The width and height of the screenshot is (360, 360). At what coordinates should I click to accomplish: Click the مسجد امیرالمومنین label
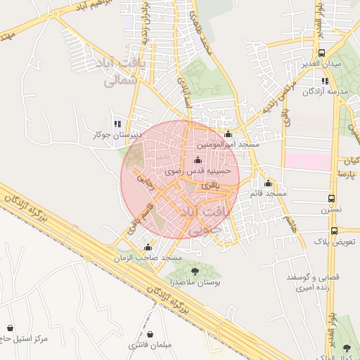click(x=229, y=144)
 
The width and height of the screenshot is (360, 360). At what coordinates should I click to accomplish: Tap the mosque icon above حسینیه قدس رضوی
click(x=196, y=159)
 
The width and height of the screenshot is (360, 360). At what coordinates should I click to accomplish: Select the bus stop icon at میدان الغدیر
click(x=321, y=53)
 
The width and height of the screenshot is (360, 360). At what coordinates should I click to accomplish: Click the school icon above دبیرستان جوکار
click(x=117, y=123)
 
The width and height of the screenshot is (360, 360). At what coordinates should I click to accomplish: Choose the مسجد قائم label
click(x=268, y=193)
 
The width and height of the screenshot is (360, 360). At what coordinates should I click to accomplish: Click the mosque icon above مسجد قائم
click(x=267, y=183)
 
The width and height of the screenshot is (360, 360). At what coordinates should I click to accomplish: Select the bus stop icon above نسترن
click(x=331, y=199)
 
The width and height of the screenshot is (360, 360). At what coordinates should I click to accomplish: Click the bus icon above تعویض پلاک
click(x=334, y=230)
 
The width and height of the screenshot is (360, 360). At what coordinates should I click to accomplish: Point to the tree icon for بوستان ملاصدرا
click(x=194, y=271)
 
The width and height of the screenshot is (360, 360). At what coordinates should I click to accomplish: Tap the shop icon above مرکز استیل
click(x=10, y=328)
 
